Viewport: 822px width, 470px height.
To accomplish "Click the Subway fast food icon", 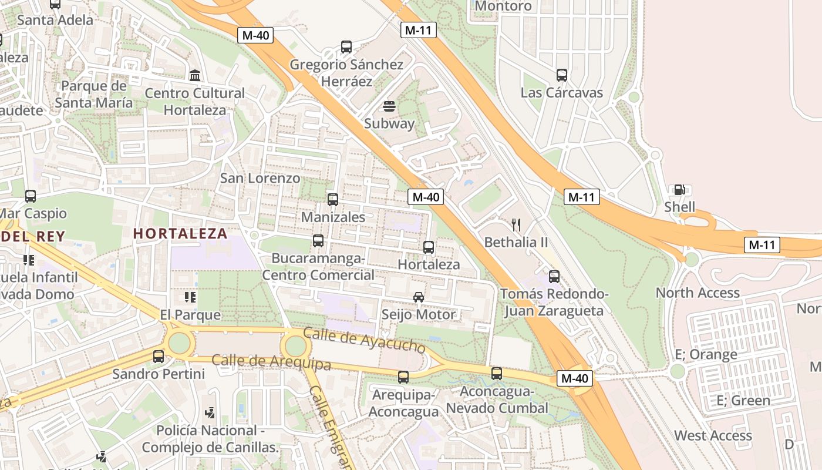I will (389, 106).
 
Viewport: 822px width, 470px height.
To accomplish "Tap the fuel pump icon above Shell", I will (679, 190).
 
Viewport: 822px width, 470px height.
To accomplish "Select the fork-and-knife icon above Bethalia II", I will (516, 224).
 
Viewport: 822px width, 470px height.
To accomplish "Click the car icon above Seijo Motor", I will (419, 297).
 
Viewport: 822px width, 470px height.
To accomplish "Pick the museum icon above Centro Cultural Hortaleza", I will (195, 76).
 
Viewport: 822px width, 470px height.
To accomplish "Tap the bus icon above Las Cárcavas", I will (562, 75).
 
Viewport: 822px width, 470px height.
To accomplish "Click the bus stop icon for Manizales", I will (333, 200).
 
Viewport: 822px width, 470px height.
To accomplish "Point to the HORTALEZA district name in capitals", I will (180, 233).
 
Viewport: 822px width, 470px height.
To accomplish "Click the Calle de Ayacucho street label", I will (364, 340).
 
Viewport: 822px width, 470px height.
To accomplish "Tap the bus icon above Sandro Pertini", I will (159, 357).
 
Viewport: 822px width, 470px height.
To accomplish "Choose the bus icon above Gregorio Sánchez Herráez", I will (346, 47).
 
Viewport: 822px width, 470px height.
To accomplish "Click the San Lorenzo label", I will (260, 178).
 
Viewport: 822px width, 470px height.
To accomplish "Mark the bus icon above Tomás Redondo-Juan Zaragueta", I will (554, 277).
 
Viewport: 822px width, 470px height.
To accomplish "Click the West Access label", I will (713, 435).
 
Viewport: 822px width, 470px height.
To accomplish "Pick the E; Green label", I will (743, 401).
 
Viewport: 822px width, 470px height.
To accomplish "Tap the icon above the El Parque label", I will (190, 298).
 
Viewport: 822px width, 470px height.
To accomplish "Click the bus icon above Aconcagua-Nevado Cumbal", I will (497, 374).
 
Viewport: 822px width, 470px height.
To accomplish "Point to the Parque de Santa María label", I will (94, 94).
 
